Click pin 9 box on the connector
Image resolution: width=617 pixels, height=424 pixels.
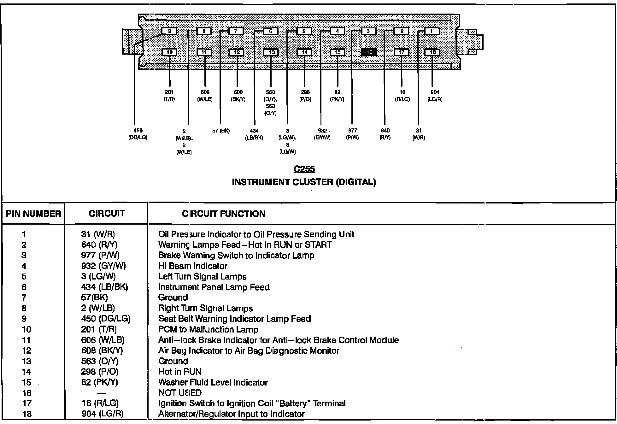pyautogui.click(x=169, y=31)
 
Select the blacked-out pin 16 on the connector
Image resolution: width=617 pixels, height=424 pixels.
pyautogui.click(x=369, y=52)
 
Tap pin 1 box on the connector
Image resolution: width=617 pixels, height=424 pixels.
pyautogui.click(x=432, y=31)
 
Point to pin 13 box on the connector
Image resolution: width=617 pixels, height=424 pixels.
pyautogui.click(x=271, y=52)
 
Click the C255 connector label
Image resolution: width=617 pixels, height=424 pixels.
pyautogui.click(x=304, y=169)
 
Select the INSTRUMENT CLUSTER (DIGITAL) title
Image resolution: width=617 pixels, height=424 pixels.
pyautogui.click(x=304, y=182)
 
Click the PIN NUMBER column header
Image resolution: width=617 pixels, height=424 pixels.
pyautogui.click(x=33, y=214)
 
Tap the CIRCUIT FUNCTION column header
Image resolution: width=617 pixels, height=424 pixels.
pyautogui.click(x=224, y=214)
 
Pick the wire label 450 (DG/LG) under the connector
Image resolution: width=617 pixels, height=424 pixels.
pyautogui.click(x=138, y=134)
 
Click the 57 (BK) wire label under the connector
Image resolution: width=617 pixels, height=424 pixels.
pyautogui.click(x=221, y=131)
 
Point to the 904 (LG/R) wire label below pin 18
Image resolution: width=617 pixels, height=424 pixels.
pyautogui.click(x=435, y=96)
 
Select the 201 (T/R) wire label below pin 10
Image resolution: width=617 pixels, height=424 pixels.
pyautogui.click(x=169, y=96)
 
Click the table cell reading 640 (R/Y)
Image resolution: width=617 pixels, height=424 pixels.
pyautogui.click(x=99, y=245)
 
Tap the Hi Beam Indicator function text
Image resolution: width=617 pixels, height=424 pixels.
pyautogui.click(x=193, y=266)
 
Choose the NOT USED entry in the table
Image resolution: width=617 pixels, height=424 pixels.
pyautogui.click(x=180, y=393)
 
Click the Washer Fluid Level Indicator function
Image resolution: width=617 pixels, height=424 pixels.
pyautogui.click(x=213, y=382)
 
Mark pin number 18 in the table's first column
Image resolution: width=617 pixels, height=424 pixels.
pyautogui.click(x=27, y=414)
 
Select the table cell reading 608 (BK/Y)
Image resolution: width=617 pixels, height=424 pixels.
pyautogui.click(x=102, y=350)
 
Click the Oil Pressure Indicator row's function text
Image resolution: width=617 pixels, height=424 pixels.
pyautogui.click(x=256, y=234)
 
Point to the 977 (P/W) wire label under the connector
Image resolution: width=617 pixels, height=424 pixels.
pyautogui.click(x=352, y=134)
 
